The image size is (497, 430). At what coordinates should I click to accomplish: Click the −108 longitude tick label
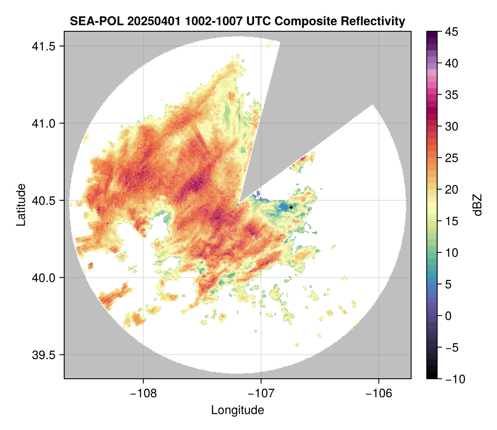click(x=143, y=393)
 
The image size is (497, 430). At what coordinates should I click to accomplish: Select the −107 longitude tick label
click(x=261, y=393)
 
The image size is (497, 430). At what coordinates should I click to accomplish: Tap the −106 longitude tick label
click(x=379, y=393)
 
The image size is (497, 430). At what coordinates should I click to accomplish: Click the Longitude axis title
click(x=238, y=410)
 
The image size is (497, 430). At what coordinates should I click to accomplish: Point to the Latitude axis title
click(x=20, y=205)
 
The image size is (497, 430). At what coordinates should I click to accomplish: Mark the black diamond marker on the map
click(x=291, y=207)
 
